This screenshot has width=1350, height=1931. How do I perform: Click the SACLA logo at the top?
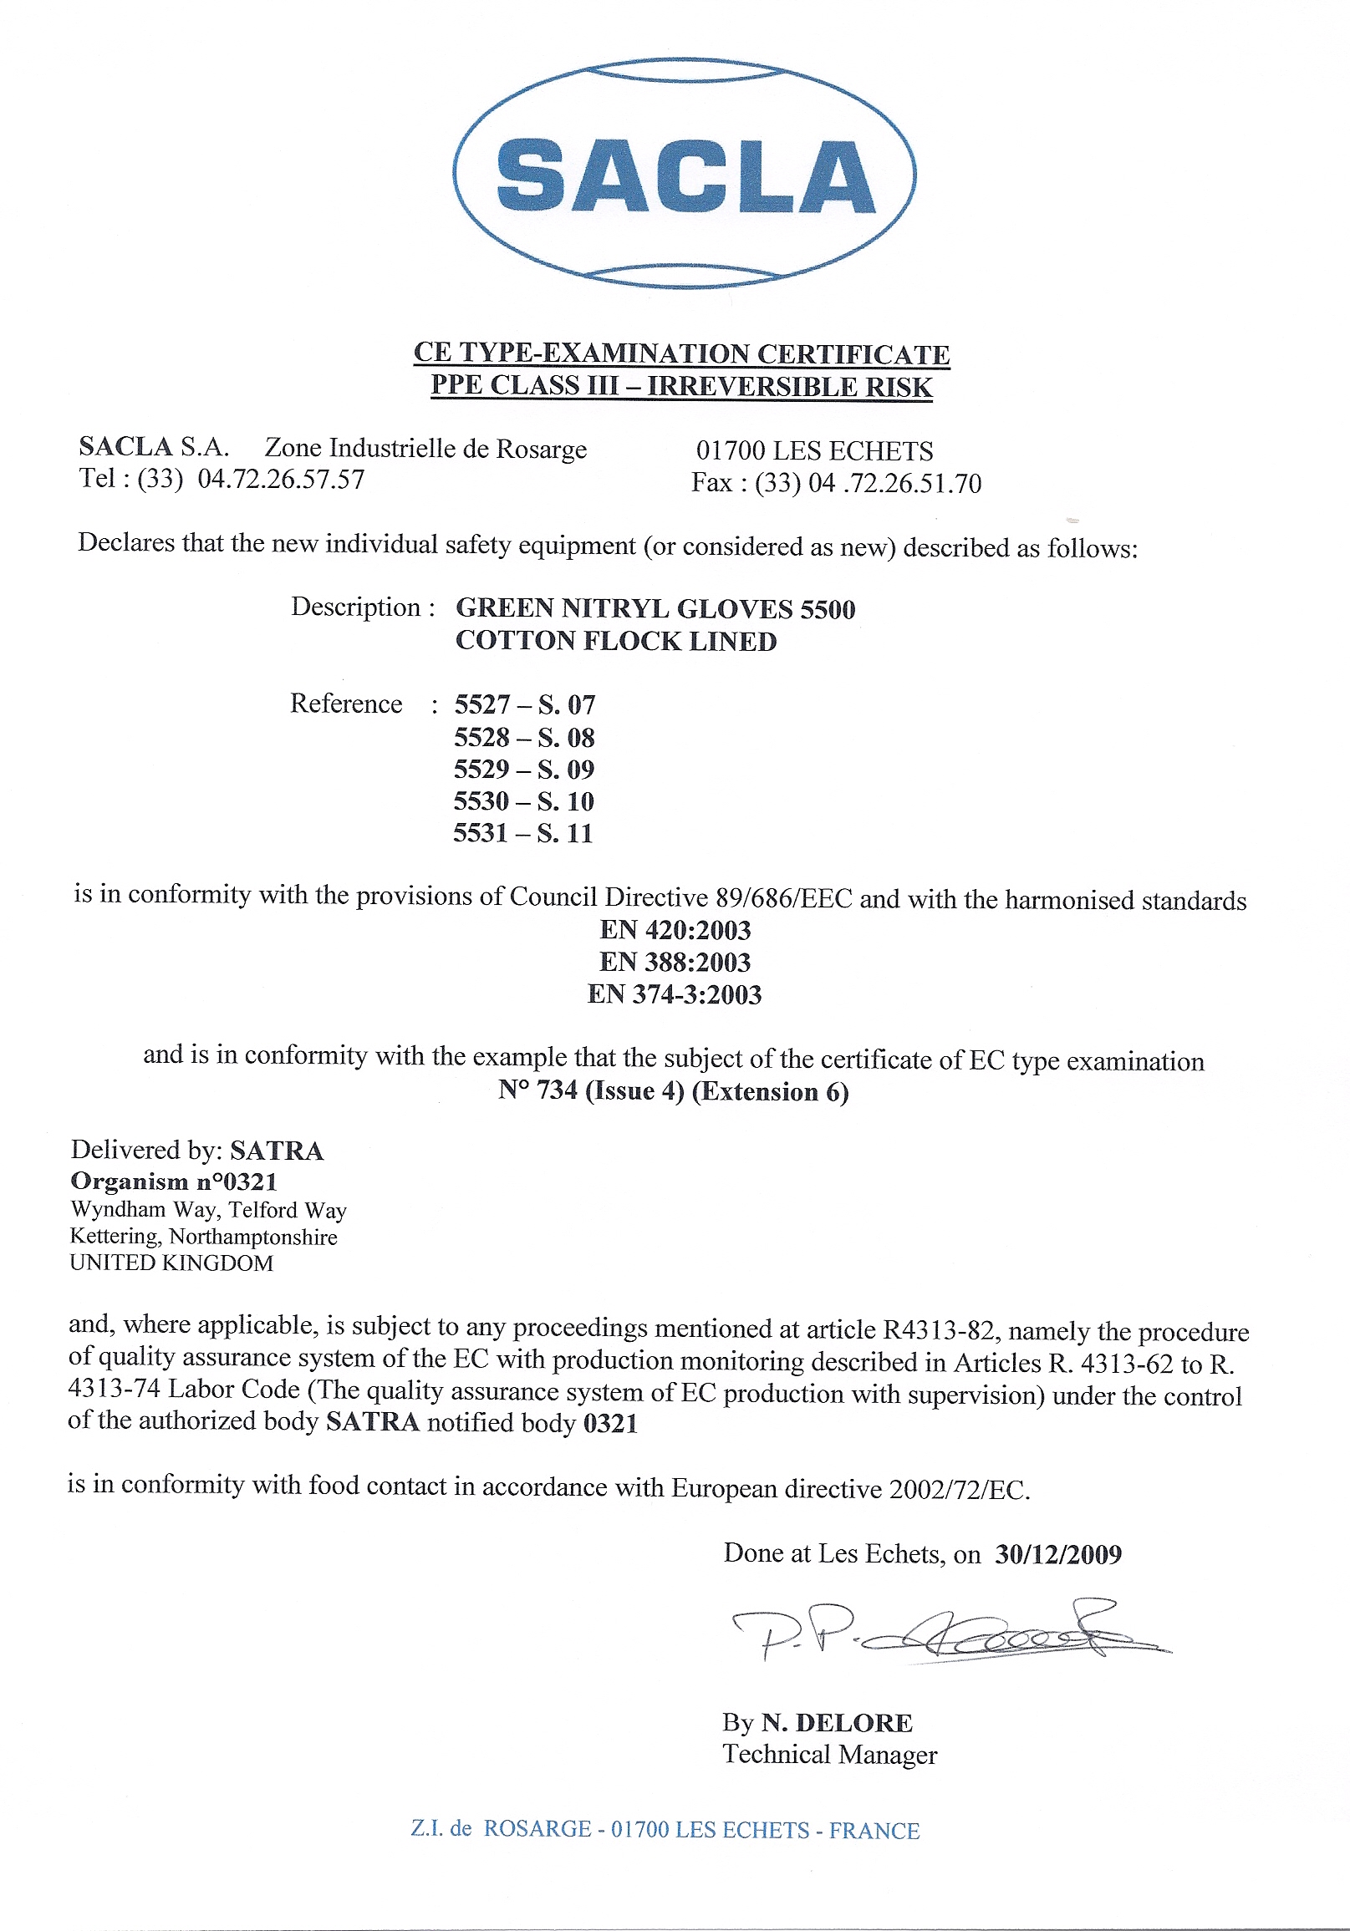(683, 174)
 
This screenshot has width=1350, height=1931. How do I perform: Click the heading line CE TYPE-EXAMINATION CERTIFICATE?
(681, 353)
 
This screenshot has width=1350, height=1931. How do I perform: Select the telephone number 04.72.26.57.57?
(281, 480)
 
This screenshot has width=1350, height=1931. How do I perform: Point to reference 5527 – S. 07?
(525, 704)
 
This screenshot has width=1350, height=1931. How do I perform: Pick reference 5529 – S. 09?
(524, 769)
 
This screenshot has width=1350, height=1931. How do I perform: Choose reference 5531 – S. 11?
(523, 833)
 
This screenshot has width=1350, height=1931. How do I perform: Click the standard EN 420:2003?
(675, 930)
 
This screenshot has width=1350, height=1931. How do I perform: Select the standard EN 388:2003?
(675, 962)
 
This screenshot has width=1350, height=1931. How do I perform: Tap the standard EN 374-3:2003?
(675, 994)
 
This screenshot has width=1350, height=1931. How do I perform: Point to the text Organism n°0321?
(174, 1181)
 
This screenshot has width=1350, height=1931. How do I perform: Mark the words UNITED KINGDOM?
(171, 1263)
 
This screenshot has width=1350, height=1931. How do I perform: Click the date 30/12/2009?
(1058, 1554)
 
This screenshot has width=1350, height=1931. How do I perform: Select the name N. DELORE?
(837, 1723)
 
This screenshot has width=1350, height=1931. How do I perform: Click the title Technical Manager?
(829, 1756)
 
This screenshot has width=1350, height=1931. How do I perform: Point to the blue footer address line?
(665, 1830)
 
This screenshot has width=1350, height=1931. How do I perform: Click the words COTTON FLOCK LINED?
(616, 641)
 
